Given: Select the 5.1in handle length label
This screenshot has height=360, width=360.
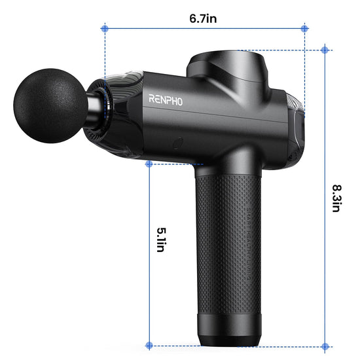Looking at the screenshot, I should pyautogui.click(x=162, y=242).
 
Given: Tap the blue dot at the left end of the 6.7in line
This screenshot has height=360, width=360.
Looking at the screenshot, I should pyautogui.click(x=104, y=28).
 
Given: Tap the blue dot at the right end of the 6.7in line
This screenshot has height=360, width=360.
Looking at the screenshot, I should pyautogui.click(x=304, y=28).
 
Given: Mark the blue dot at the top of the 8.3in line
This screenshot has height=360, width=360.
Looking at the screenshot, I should pyautogui.click(x=325, y=50).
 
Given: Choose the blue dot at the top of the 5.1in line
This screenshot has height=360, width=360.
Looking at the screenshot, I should pyautogui.click(x=149, y=164).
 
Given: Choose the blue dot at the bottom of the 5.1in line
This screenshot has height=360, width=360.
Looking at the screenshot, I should pyautogui.click(x=149, y=345).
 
